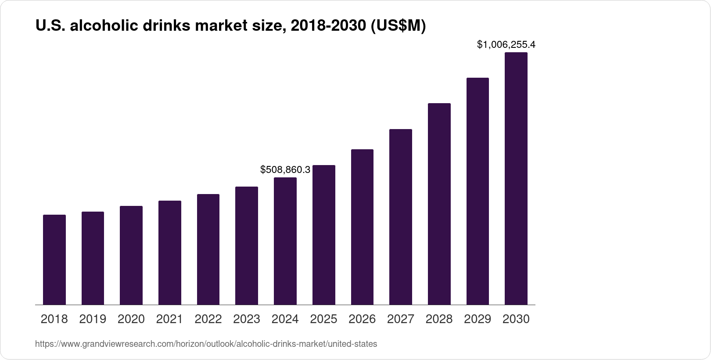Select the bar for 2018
click(x=54, y=259)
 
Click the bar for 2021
click(x=170, y=252)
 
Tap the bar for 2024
click(x=285, y=241)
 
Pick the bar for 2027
click(x=400, y=217)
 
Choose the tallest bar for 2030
click(x=516, y=179)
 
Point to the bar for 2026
click(x=362, y=227)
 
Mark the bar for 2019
click(x=93, y=258)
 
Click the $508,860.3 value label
click(x=285, y=169)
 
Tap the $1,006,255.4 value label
click(x=506, y=44)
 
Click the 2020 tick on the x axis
click(x=131, y=319)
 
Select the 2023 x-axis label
click(x=247, y=319)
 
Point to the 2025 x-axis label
click(x=323, y=319)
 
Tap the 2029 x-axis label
click(x=478, y=319)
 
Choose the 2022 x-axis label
click(x=208, y=319)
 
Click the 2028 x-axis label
click(x=439, y=319)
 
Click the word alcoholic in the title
click(x=104, y=26)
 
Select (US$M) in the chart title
click(x=398, y=26)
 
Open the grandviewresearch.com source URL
click(x=206, y=344)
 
